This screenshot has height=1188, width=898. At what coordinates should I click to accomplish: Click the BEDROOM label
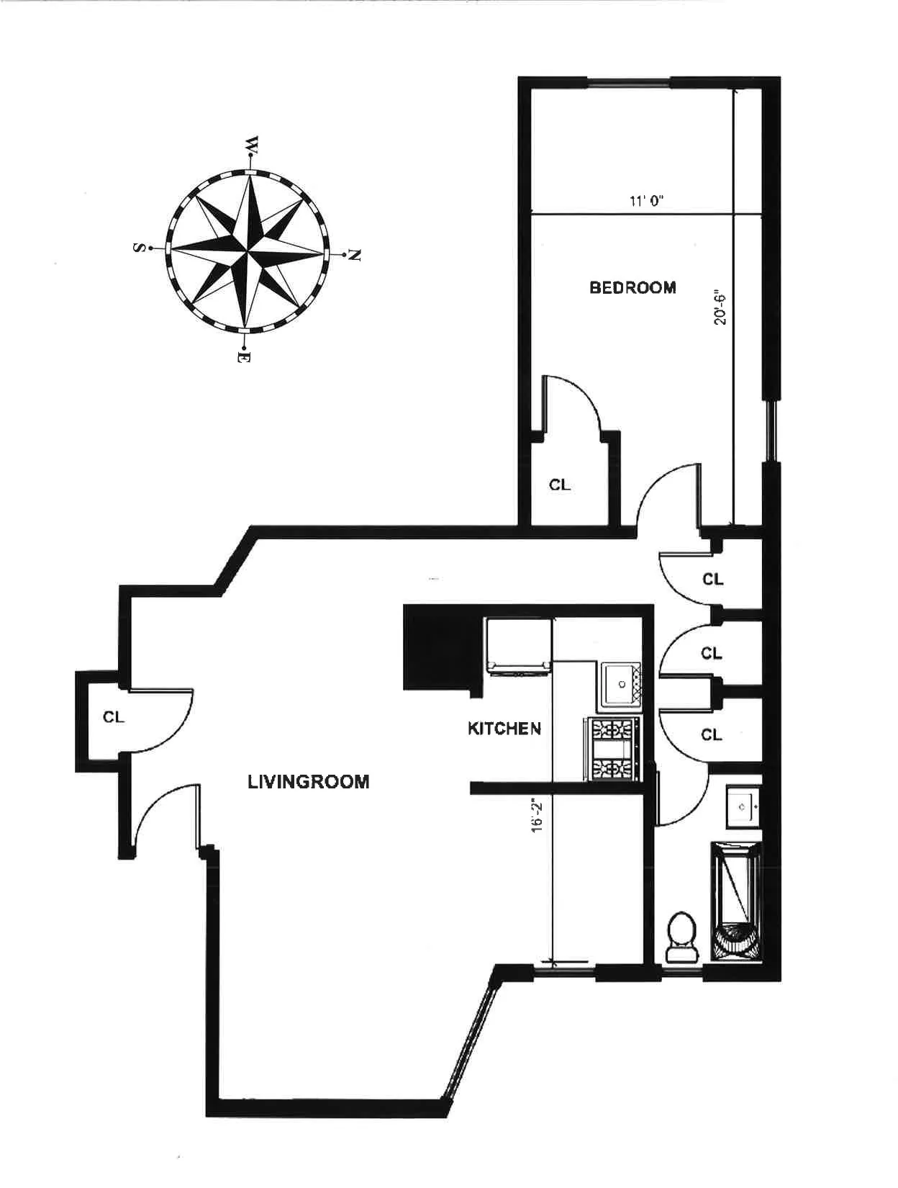[x=632, y=288]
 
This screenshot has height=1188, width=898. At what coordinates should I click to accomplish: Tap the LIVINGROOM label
[x=309, y=782]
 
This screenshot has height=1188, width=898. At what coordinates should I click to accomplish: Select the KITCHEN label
[x=504, y=729]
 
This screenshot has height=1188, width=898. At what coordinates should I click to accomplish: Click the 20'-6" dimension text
[x=720, y=306]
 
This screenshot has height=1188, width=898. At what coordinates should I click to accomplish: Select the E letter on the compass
[x=244, y=356]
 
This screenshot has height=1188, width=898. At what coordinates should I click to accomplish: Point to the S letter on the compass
[x=137, y=248]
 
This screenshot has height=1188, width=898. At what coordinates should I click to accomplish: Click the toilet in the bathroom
[x=681, y=937]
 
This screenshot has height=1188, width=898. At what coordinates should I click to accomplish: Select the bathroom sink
[x=743, y=806]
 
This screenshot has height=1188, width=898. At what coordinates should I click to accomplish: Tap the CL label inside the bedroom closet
[x=560, y=485]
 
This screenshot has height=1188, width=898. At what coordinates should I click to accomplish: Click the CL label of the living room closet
[x=114, y=717]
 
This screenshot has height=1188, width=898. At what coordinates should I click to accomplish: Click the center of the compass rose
[x=248, y=252]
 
